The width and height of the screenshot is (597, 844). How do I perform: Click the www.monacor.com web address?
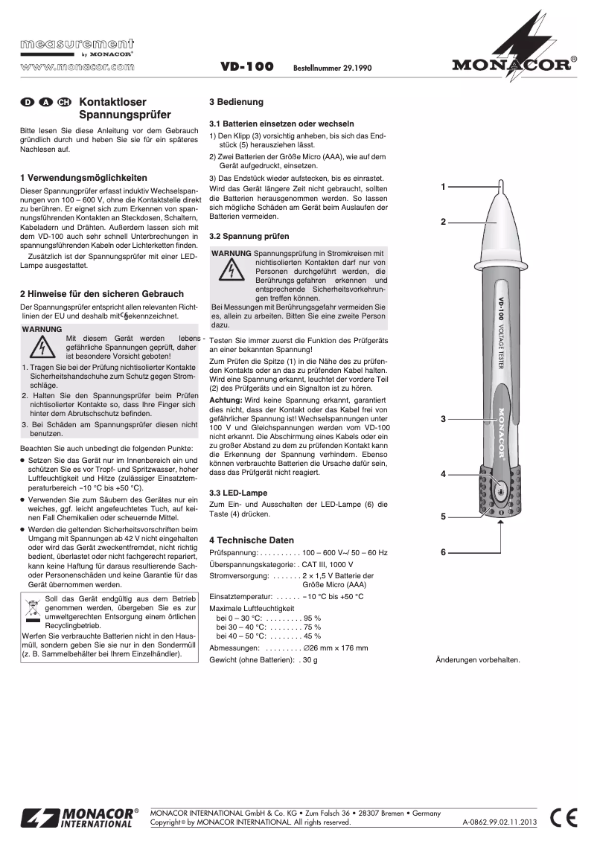point(77,65)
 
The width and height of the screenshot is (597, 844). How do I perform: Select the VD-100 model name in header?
point(247,67)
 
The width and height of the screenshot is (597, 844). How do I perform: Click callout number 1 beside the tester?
point(443,186)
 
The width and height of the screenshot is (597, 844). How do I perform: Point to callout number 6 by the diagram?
point(443,552)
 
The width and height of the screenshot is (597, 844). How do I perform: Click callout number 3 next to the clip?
point(443,419)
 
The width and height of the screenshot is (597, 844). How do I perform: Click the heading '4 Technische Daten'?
point(252,540)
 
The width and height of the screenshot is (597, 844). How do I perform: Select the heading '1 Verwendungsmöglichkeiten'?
point(83,178)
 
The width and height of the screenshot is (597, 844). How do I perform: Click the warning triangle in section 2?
point(45,347)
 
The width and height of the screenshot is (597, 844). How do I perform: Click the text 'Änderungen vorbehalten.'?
point(477,659)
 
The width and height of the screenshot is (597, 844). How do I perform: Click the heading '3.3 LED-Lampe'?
point(237,493)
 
